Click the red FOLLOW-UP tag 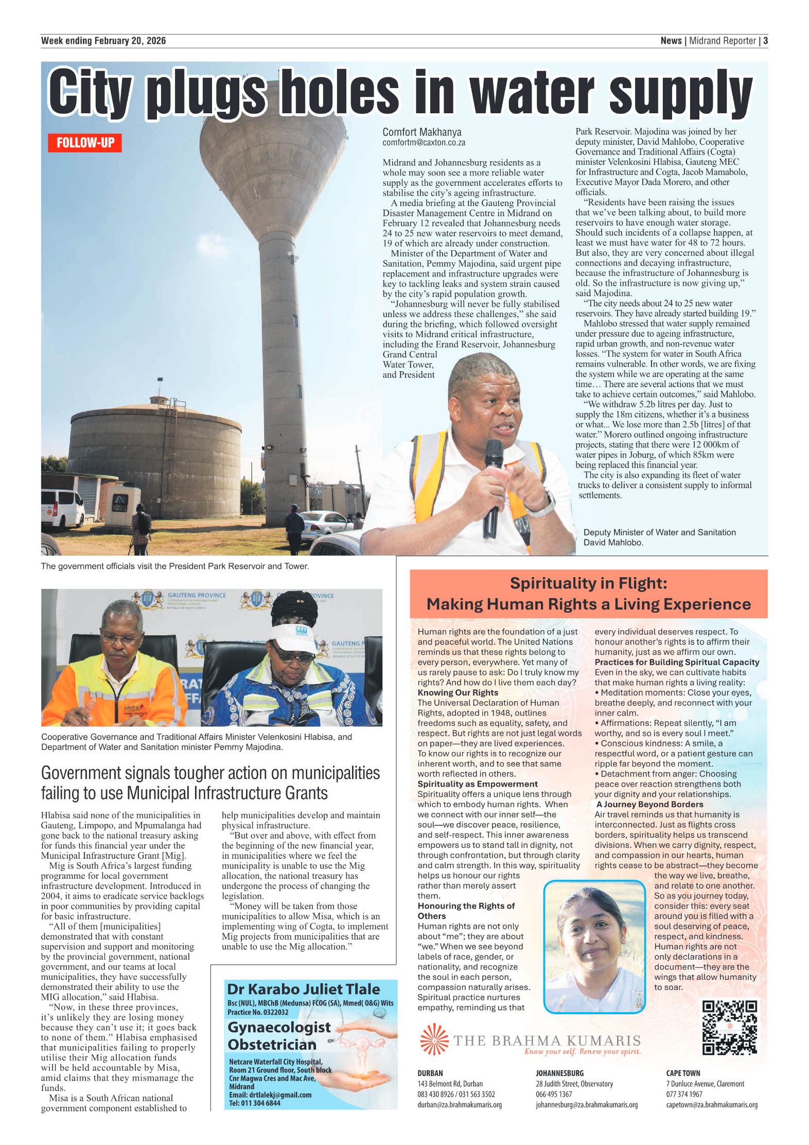click(85, 143)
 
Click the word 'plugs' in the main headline click(206, 93)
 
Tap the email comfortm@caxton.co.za click(424, 143)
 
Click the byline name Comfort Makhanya click(421, 132)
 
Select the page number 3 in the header click(765, 41)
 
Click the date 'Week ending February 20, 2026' click(103, 41)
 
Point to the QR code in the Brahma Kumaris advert click(729, 1027)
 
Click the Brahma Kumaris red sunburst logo click(434, 1039)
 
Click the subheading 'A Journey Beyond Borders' click(649, 804)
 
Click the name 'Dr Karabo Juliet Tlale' click(303, 989)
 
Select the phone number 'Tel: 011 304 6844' click(255, 1103)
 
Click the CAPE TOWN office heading click(683, 1073)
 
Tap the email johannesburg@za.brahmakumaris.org click(586, 1104)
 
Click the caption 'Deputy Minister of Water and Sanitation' click(659, 532)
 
